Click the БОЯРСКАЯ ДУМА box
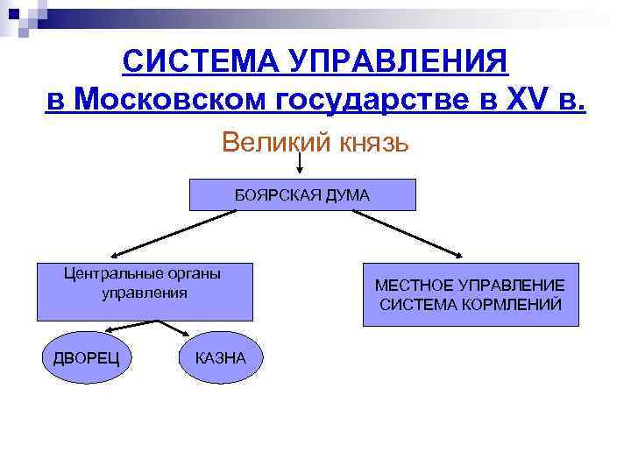[x=302, y=195]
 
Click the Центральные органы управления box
[x=145, y=292]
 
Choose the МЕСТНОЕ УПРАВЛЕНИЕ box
[x=471, y=295]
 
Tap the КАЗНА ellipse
[x=220, y=357]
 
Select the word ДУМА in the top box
[x=346, y=195]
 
